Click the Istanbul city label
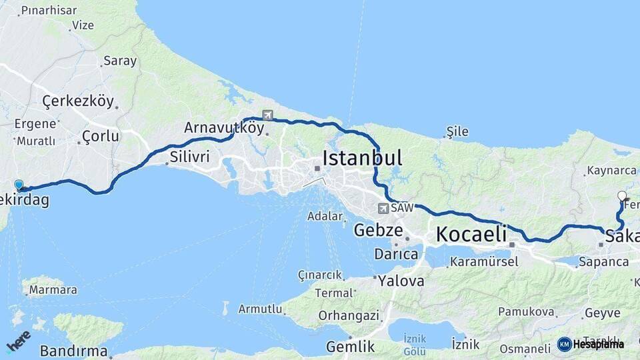pos(362,159)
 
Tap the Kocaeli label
pos(471,234)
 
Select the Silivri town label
pos(189,158)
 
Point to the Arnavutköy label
pos(224,127)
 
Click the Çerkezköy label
pos(77,101)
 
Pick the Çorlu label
pos(100,137)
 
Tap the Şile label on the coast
pos(457,131)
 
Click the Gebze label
pos(378,231)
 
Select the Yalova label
pos(401,281)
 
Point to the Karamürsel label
pos(484,262)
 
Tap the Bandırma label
pos(73,351)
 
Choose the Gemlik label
pos(350,347)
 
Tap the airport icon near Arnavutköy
pos(268,115)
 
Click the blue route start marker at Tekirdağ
pos(19,185)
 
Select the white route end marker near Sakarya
pos(622,196)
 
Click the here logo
pos(18,341)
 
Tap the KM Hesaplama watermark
pos(591,344)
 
